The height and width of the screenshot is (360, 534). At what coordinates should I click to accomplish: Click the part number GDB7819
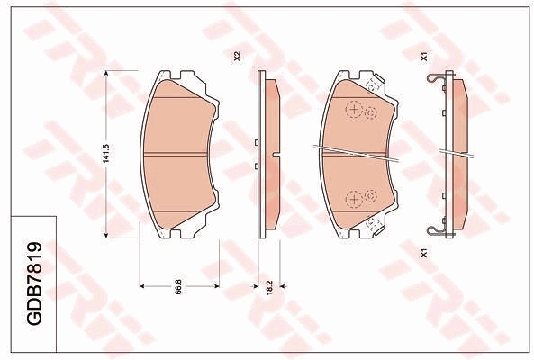tap(34, 283)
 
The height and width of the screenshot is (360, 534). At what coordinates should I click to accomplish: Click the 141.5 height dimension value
tap(106, 154)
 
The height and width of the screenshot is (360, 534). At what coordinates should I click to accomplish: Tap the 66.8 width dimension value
tap(179, 286)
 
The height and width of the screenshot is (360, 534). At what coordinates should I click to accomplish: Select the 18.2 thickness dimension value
tap(269, 287)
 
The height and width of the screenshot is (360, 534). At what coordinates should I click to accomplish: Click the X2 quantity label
tap(237, 56)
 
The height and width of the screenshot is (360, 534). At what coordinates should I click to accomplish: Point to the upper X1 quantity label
tap(424, 57)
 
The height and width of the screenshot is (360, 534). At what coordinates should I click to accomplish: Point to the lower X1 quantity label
tap(424, 253)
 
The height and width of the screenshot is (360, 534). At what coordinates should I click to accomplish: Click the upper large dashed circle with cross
tap(354, 110)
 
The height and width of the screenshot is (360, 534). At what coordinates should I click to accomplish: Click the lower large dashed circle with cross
tap(354, 199)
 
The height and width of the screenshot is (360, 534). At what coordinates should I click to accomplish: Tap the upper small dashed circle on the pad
tap(371, 112)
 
